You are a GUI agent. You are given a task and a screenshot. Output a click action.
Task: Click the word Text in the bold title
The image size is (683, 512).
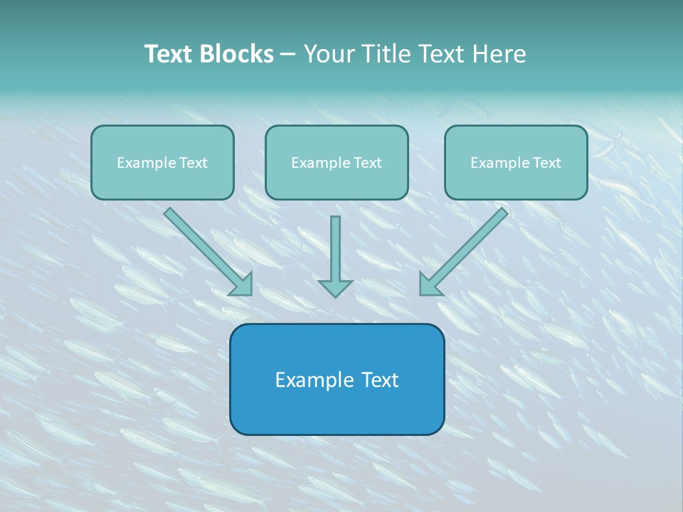click(169, 54)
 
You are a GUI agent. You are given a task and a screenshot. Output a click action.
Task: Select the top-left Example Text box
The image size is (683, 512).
click(162, 162)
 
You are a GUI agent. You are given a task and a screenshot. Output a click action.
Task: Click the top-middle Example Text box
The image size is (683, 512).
click(337, 162)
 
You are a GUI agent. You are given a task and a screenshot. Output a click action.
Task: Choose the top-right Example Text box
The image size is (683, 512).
click(516, 162)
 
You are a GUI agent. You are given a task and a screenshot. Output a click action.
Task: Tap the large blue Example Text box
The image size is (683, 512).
click(337, 379)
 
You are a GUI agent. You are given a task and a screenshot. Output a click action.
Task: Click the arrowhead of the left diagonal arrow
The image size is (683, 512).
click(242, 285)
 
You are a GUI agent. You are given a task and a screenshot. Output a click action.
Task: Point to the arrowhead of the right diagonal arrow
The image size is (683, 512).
click(430, 285)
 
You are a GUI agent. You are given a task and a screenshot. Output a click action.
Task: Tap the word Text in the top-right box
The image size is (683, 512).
click(546, 163)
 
